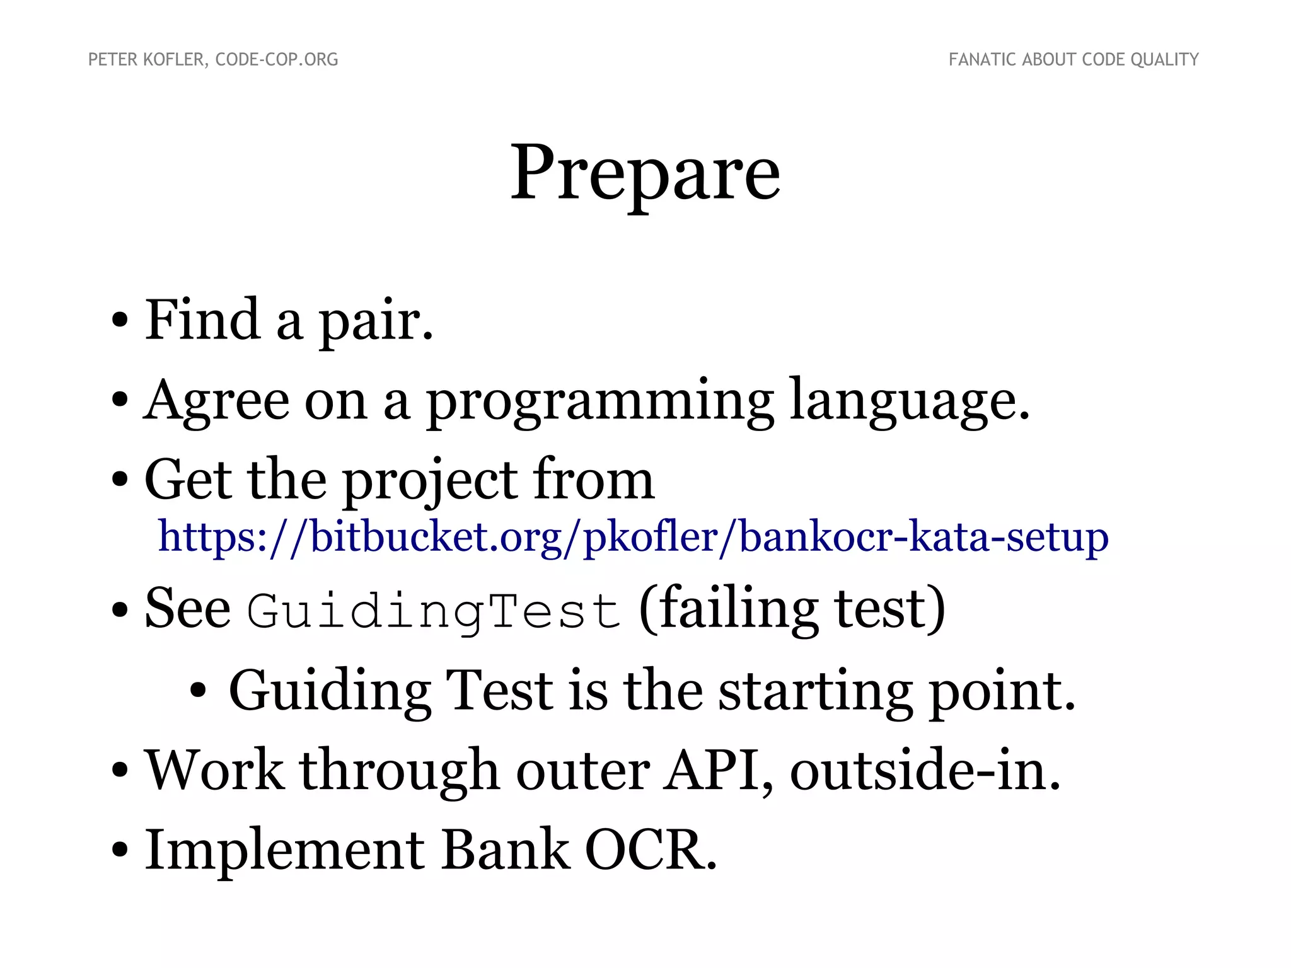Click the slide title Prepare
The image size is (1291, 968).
[645, 173]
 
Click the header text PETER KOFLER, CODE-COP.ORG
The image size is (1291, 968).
[213, 60]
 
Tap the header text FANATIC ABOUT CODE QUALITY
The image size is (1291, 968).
[1073, 60]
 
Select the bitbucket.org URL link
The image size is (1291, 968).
[633, 537]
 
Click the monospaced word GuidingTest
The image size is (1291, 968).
[434, 611]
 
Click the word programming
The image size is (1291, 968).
[600, 401]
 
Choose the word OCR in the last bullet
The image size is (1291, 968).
[651, 850]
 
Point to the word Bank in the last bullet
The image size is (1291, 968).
[504, 850]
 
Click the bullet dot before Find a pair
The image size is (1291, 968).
[120, 321]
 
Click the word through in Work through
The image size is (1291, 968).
[400, 771]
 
